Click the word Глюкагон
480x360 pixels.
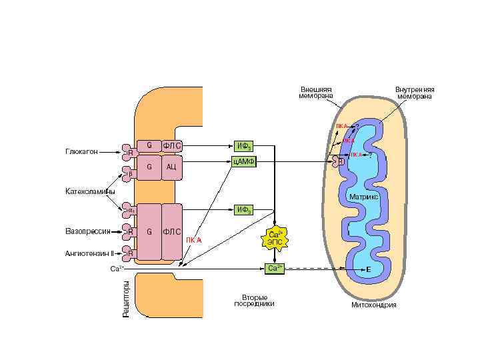tap(81, 152)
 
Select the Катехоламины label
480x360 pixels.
tap(90, 192)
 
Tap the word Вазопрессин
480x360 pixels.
tap(87, 231)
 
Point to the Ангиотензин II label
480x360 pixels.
tap(89, 253)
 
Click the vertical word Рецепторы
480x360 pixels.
tap(126, 298)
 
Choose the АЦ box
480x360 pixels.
tap(171, 167)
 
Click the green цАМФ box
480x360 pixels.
tap(243, 161)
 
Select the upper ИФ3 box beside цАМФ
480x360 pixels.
tap(244, 145)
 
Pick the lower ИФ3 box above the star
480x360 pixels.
tap(244, 210)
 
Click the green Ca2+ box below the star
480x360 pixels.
tap(275, 268)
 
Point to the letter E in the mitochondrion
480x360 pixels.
tap(368, 269)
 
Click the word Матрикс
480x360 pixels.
tap(364, 197)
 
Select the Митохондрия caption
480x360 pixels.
tap(373, 305)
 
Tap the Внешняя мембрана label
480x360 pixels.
tap(316, 93)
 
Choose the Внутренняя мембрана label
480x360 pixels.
tap(414, 93)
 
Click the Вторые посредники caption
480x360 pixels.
tap(254, 300)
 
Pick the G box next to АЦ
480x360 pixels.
tap(149, 167)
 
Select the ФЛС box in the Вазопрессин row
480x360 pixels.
tap(171, 231)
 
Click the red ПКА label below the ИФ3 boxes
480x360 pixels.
tap(193, 240)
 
